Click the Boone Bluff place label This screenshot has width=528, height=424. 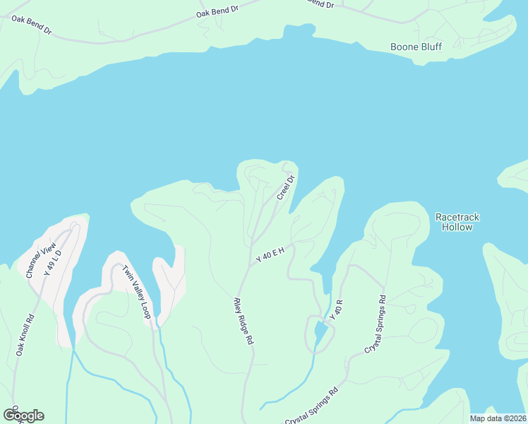pos(416,47)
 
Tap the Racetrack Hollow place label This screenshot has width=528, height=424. pos(457,222)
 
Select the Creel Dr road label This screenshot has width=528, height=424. pos(284,187)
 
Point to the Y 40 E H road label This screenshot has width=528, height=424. pos(270,254)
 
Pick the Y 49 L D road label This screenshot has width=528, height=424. pos(52,261)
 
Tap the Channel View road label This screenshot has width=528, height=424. pos(40,260)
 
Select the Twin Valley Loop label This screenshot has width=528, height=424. pos(136,292)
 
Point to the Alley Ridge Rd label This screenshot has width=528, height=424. pos(243,320)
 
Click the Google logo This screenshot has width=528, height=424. pos(23,416)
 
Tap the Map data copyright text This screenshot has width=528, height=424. pos(498,418)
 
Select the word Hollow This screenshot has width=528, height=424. pos(457,228)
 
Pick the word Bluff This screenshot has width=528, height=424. pos(430,47)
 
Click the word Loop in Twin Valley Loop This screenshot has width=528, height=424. pos(146,310)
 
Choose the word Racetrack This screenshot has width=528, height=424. pos(457,216)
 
